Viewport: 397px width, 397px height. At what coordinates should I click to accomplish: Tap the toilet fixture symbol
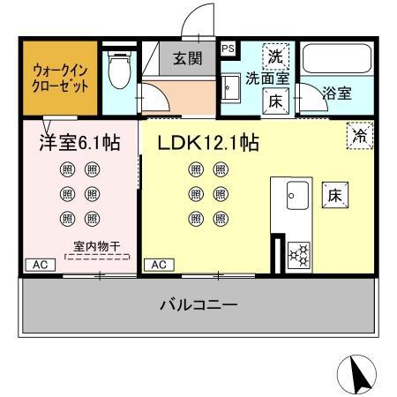118,70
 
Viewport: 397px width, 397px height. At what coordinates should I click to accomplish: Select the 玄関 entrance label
185,59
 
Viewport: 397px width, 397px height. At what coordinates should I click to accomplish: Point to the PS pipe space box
228,49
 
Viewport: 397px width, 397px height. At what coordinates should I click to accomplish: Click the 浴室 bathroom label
336,92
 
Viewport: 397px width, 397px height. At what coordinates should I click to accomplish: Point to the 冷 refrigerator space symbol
359,134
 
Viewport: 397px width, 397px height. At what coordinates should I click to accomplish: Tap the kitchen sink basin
295,192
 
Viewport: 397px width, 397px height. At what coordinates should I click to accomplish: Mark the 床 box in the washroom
276,101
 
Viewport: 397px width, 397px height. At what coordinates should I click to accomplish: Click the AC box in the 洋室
40,264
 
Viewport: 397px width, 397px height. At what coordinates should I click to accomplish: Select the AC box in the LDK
160,264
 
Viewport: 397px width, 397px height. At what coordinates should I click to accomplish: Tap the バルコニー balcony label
198,306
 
